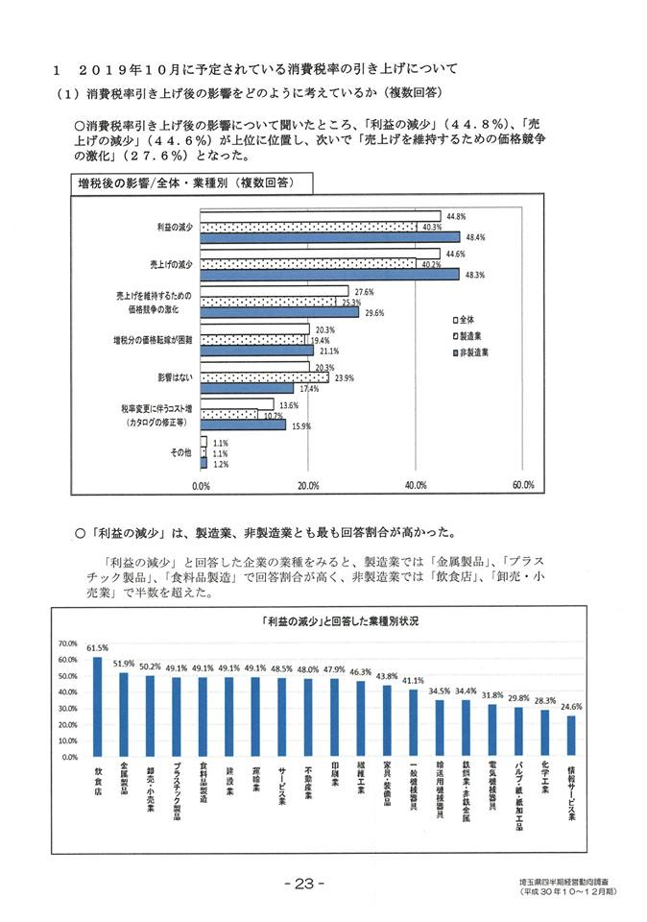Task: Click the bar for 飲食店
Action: tap(98, 707)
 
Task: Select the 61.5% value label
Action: tap(98, 648)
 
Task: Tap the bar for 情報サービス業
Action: tap(571, 736)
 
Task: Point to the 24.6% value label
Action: tap(572, 707)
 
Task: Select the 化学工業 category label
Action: tap(546, 783)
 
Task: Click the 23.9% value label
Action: tap(345, 377)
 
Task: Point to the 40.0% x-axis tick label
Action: tap(415, 485)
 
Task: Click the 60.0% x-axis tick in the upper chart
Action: tap(523, 485)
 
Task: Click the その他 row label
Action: tap(181, 452)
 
